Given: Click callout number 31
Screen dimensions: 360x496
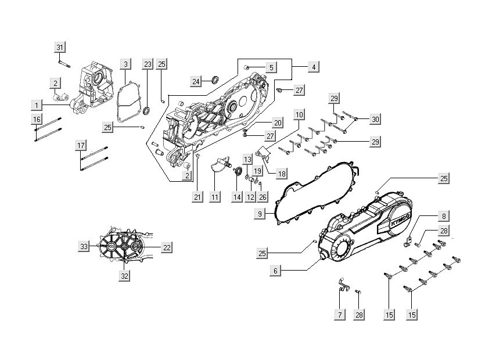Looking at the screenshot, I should point(60,46).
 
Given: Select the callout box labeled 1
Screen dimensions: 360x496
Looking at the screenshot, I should point(37,105).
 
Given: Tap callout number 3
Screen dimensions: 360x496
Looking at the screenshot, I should point(126,63).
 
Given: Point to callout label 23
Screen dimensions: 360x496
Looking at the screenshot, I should point(148,63).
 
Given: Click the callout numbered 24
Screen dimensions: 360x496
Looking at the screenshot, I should point(196,81).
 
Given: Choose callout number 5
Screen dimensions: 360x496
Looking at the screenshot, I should point(271,67).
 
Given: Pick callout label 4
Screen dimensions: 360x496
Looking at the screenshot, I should point(313,67).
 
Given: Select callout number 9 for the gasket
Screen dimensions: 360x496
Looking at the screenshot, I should point(262,214).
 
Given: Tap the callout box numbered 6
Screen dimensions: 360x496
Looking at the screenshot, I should point(276,270).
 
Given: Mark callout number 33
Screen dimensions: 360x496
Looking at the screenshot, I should point(84,247).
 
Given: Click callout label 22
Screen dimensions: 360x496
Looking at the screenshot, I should point(167,247).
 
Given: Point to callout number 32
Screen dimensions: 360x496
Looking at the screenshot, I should point(125,276).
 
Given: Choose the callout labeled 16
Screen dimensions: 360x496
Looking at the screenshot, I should point(37,119).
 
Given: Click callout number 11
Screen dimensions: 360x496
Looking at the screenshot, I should point(215,197).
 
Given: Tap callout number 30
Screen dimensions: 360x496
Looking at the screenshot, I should point(375,119).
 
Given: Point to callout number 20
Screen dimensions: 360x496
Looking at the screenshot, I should point(278,123).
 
